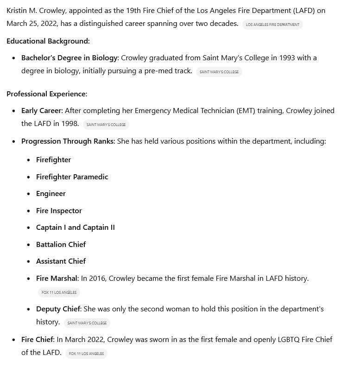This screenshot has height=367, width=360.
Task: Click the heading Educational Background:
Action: coord(48,41)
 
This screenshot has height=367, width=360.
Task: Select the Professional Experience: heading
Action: coord(47,94)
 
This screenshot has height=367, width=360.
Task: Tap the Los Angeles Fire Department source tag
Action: coord(272,25)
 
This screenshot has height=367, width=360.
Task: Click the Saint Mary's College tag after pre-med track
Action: coord(219,72)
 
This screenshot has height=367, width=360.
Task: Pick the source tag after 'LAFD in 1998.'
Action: coord(106,125)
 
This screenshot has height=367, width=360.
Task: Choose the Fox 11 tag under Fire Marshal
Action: coord(59,292)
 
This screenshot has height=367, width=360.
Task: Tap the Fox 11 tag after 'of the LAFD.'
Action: coord(86,354)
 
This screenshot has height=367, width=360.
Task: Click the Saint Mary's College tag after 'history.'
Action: coord(87,323)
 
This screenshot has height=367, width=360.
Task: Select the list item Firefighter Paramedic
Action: coord(72,177)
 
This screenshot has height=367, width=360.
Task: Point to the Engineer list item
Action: coord(51,194)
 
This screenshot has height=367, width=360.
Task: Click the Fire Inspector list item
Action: coord(59,211)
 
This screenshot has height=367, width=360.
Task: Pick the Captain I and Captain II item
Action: coord(76,228)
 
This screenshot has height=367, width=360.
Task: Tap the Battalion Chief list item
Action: coord(61,245)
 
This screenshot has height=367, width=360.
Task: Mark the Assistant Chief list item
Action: coord(61,261)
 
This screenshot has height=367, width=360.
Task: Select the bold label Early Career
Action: coord(41,111)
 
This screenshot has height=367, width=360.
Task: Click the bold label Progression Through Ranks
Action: coord(67,141)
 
